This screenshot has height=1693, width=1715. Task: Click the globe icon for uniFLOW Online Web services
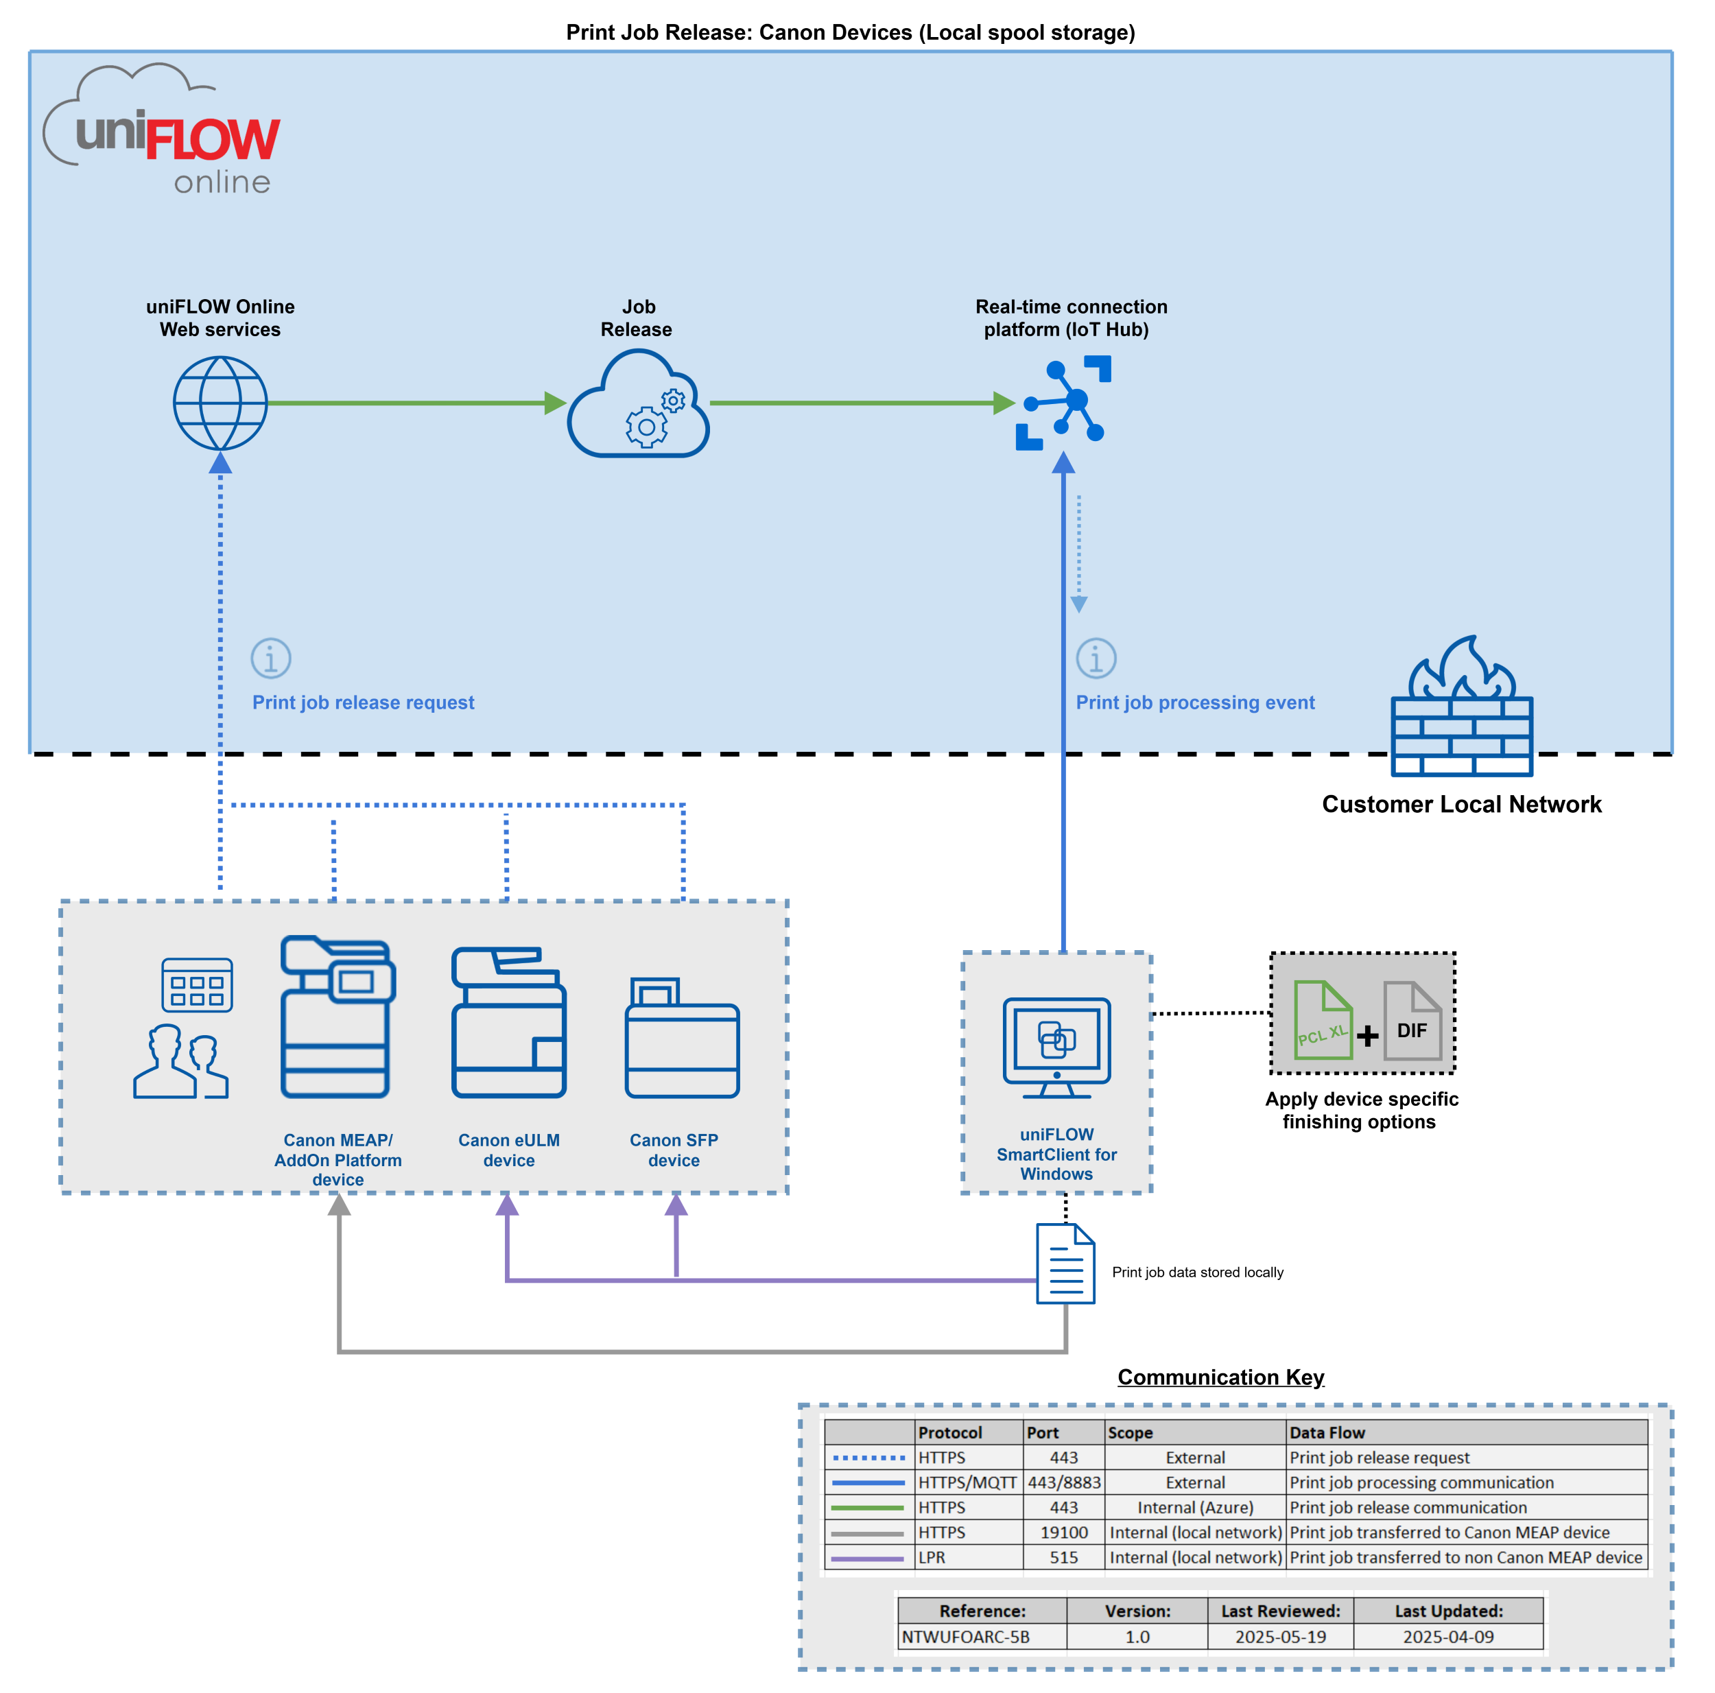point(220,403)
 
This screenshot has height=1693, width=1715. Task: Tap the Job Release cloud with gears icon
point(637,405)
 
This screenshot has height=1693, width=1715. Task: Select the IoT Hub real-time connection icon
point(1063,403)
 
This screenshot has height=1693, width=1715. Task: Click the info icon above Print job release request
point(271,658)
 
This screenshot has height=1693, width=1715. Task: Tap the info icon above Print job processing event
point(1096,658)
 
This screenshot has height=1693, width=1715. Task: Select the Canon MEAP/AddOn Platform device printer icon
point(338,1017)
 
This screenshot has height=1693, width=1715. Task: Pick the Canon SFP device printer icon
point(682,1038)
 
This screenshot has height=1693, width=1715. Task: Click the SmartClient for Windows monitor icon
point(1056,1047)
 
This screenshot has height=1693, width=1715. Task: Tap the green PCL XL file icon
point(1323,1020)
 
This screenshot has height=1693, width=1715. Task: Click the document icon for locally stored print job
point(1065,1264)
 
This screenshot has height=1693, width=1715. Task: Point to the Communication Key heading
point(1220,1377)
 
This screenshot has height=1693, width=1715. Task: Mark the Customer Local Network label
point(1461,805)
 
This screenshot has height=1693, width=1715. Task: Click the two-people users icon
point(181,1061)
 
